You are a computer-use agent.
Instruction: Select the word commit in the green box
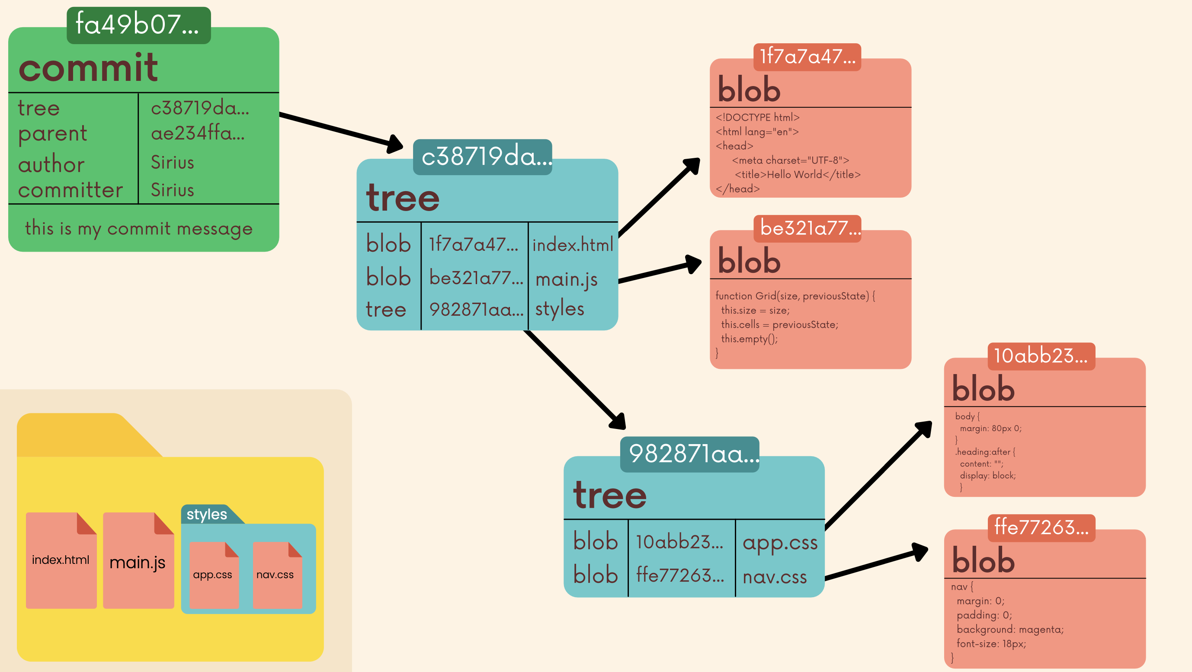88,67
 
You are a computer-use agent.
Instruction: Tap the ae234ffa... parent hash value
198,133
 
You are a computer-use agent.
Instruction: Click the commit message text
139,228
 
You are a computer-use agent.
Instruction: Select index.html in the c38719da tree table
572,245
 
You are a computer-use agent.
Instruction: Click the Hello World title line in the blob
797,174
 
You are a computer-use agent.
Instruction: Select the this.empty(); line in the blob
749,339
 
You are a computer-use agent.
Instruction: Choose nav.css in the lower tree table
775,577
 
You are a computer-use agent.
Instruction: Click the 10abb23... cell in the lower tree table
679,542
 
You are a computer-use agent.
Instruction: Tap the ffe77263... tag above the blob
1041,528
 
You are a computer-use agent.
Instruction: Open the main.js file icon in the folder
138,561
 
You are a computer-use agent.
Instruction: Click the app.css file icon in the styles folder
213,575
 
